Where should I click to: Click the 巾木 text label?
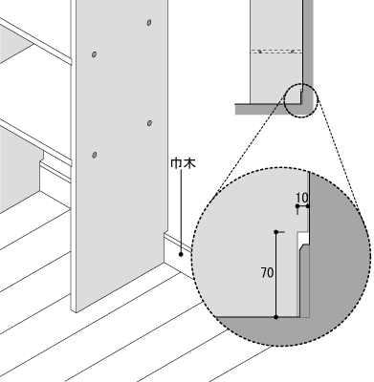[x=180, y=165]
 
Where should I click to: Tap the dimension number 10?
[x=301, y=199]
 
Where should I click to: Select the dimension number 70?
[x=266, y=272]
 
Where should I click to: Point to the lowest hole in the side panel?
[x=94, y=154]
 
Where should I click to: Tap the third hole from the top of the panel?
[x=148, y=122]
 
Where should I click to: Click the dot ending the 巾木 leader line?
[x=180, y=255]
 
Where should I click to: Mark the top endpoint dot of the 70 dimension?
[x=276, y=232]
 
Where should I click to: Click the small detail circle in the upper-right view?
[x=298, y=98]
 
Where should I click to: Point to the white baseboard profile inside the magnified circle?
[x=301, y=277]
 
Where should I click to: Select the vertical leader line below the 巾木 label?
[x=180, y=215]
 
